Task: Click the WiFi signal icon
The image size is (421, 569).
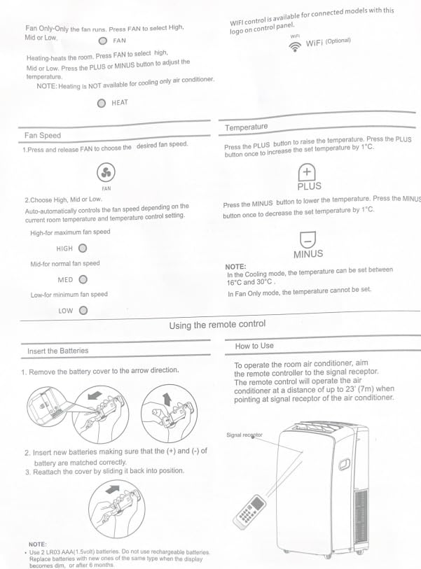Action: point(294,44)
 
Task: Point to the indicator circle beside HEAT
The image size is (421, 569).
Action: point(101,103)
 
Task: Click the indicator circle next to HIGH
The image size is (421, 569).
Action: point(83,248)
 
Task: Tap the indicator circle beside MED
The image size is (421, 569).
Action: point(83,279)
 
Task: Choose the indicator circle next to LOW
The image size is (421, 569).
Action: point(83,310)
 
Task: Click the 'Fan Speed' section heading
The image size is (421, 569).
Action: point(43,135)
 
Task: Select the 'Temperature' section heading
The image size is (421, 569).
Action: point(246,127)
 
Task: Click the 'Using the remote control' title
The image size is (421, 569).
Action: point(217,325)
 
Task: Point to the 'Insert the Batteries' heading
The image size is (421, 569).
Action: point(57,350)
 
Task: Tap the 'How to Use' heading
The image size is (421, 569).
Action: point(254,346)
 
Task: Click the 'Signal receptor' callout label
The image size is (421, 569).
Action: point(244,435)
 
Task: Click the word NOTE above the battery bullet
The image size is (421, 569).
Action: point(37,544)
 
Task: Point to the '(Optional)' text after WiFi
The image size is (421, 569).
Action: point(338,41)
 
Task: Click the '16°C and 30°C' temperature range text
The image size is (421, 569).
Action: point(251,282)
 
